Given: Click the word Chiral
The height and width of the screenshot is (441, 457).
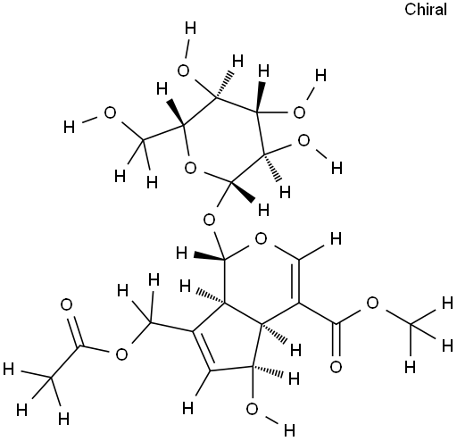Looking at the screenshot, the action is click(426, 10).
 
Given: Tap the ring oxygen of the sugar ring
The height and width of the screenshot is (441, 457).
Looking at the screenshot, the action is click(190, 168).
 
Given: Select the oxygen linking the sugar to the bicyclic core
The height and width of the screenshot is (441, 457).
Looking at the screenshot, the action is click(209, 220).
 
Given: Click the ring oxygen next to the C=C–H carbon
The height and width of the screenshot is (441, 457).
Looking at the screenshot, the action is click(261, 238).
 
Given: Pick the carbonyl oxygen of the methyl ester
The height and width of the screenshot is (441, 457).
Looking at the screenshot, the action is click(336, 367).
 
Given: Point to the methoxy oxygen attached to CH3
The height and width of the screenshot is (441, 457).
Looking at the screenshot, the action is click(372, 303).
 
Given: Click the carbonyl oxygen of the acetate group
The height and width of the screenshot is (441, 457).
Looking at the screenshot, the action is click(66, 304).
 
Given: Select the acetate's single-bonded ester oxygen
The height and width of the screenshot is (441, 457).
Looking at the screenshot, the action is click(121, 354).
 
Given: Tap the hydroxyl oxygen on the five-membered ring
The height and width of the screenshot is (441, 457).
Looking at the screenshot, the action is click(252, 409).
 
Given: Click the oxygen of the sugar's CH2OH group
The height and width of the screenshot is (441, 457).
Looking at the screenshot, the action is click(110, 113).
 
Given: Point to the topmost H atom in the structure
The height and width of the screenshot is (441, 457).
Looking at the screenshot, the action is click(190, 29).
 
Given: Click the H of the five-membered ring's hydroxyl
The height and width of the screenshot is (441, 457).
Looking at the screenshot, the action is click(289, 430).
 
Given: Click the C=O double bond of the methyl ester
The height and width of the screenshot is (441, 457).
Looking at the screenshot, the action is click(337, 339).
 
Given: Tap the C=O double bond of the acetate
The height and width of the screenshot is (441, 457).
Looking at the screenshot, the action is click(74, 331).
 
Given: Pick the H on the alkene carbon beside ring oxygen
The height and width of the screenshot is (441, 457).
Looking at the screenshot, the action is click(337, 239).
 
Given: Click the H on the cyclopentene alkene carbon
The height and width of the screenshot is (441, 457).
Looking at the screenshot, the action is click(187, 408).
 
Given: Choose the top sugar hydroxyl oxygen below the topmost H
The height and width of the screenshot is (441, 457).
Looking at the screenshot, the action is click(183, 71).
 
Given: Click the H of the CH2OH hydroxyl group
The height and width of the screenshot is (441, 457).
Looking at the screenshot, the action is click(69, 128).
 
